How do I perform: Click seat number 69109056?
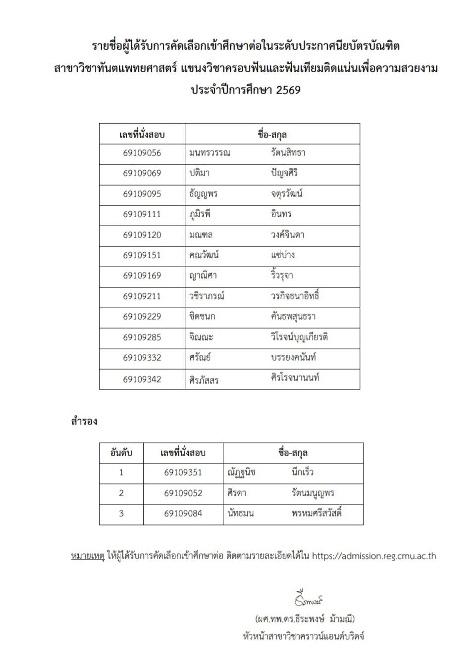tap(142, 153)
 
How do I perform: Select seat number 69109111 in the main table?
tap(142, 214)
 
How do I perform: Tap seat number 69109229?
tap(142, 317)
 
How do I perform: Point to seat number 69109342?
tap(142, 379)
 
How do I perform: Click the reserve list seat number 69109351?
tap(183, 473)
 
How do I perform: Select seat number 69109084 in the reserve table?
tap(183, 514)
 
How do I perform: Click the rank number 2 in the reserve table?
tap(121, 493)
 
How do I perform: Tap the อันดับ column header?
tap(121, 453)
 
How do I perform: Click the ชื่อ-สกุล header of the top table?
tap(272, 135)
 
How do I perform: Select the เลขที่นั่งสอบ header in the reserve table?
tap(183, 453)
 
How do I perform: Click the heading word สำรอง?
tap(84, 422)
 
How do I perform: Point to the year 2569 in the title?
tap(288, 90)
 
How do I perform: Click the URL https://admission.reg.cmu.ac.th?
tap(374, 556)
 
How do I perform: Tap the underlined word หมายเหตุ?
tap(88, 556)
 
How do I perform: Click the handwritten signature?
tap(308, 599)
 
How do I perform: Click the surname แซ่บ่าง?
tap(283, 255)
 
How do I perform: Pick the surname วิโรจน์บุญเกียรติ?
tap(299, 337)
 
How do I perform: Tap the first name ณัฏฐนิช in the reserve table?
tap(241, 473)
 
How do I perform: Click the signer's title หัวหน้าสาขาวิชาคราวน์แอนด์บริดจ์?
tap(304, 636)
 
